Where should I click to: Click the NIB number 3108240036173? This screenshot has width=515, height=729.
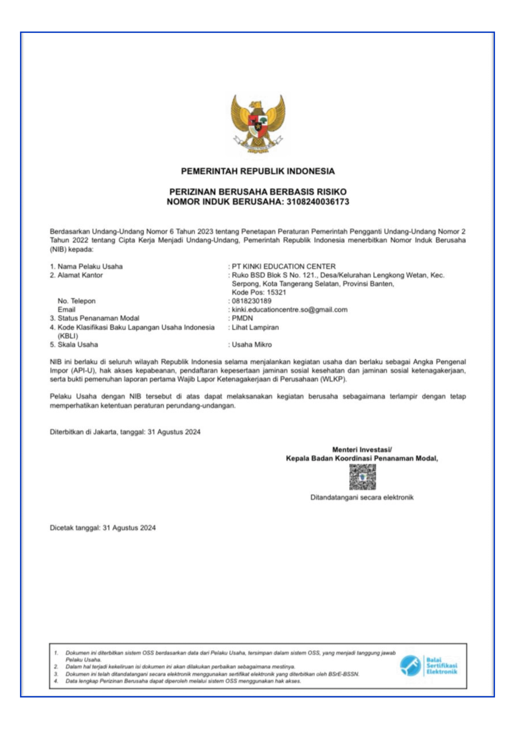318,202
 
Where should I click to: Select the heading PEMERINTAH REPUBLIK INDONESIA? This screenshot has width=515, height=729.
258,171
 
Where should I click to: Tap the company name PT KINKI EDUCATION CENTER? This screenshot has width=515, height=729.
283,266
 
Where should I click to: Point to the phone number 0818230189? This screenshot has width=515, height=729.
251,301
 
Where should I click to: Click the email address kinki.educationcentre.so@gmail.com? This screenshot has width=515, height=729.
289,310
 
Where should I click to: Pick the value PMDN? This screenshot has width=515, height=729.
242,318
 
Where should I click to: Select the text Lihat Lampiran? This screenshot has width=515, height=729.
255,327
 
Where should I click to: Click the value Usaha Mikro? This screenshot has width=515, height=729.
252,345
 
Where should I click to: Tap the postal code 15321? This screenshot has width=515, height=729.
276,292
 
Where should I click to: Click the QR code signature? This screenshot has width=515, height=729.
362,477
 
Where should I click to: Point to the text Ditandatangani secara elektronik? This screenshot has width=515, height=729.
362,497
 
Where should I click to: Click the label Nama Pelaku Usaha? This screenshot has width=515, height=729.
90,266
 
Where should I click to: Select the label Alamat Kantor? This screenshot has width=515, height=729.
80,275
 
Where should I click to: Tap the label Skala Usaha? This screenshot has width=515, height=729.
77,345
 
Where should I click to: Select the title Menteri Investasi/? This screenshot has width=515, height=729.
362,450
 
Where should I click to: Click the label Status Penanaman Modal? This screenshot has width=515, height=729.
98,318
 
